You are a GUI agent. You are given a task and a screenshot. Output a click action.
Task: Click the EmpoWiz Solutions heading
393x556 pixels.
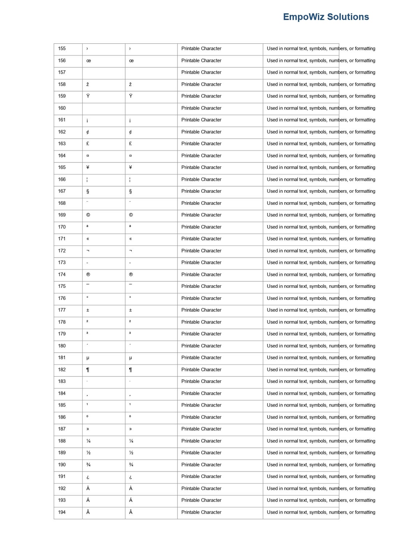point(326,17)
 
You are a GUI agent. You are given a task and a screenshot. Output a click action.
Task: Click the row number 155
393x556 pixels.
point(62,48)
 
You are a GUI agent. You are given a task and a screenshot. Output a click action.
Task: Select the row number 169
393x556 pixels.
point(62,215)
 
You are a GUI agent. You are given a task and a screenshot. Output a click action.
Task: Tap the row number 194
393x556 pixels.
point(62,512)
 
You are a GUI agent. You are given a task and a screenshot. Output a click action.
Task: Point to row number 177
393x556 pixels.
point(62,310)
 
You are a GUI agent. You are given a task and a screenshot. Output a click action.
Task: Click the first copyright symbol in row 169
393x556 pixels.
point(88,215)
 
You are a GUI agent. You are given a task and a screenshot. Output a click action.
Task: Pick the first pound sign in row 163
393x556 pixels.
point(88,144)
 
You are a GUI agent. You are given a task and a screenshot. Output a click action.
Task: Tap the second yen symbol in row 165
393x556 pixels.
point(131,167)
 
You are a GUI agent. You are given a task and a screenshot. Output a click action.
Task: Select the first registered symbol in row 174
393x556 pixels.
point(88,274)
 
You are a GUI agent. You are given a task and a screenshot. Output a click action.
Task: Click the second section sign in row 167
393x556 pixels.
point(131,191)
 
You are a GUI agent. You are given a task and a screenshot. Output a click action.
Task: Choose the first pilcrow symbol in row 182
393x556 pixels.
point(88,370)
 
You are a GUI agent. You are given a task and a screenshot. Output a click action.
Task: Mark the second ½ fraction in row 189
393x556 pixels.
point(131,453)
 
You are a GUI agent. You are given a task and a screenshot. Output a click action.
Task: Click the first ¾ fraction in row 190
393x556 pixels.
point(88,465)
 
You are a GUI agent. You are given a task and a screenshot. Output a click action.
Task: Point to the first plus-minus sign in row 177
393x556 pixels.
point(88,310)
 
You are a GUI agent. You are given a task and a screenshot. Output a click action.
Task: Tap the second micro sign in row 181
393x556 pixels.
point(131,358)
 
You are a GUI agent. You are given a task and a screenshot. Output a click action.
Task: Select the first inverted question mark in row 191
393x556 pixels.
point(88,477)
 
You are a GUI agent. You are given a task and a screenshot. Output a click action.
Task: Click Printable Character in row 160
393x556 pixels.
point(201,108)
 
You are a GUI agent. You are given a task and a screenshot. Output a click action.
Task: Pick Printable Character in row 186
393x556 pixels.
point(201,417)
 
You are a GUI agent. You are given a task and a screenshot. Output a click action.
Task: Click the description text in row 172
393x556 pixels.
point(321,251)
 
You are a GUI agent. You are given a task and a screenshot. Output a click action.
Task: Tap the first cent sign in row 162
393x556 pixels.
point(88,132)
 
